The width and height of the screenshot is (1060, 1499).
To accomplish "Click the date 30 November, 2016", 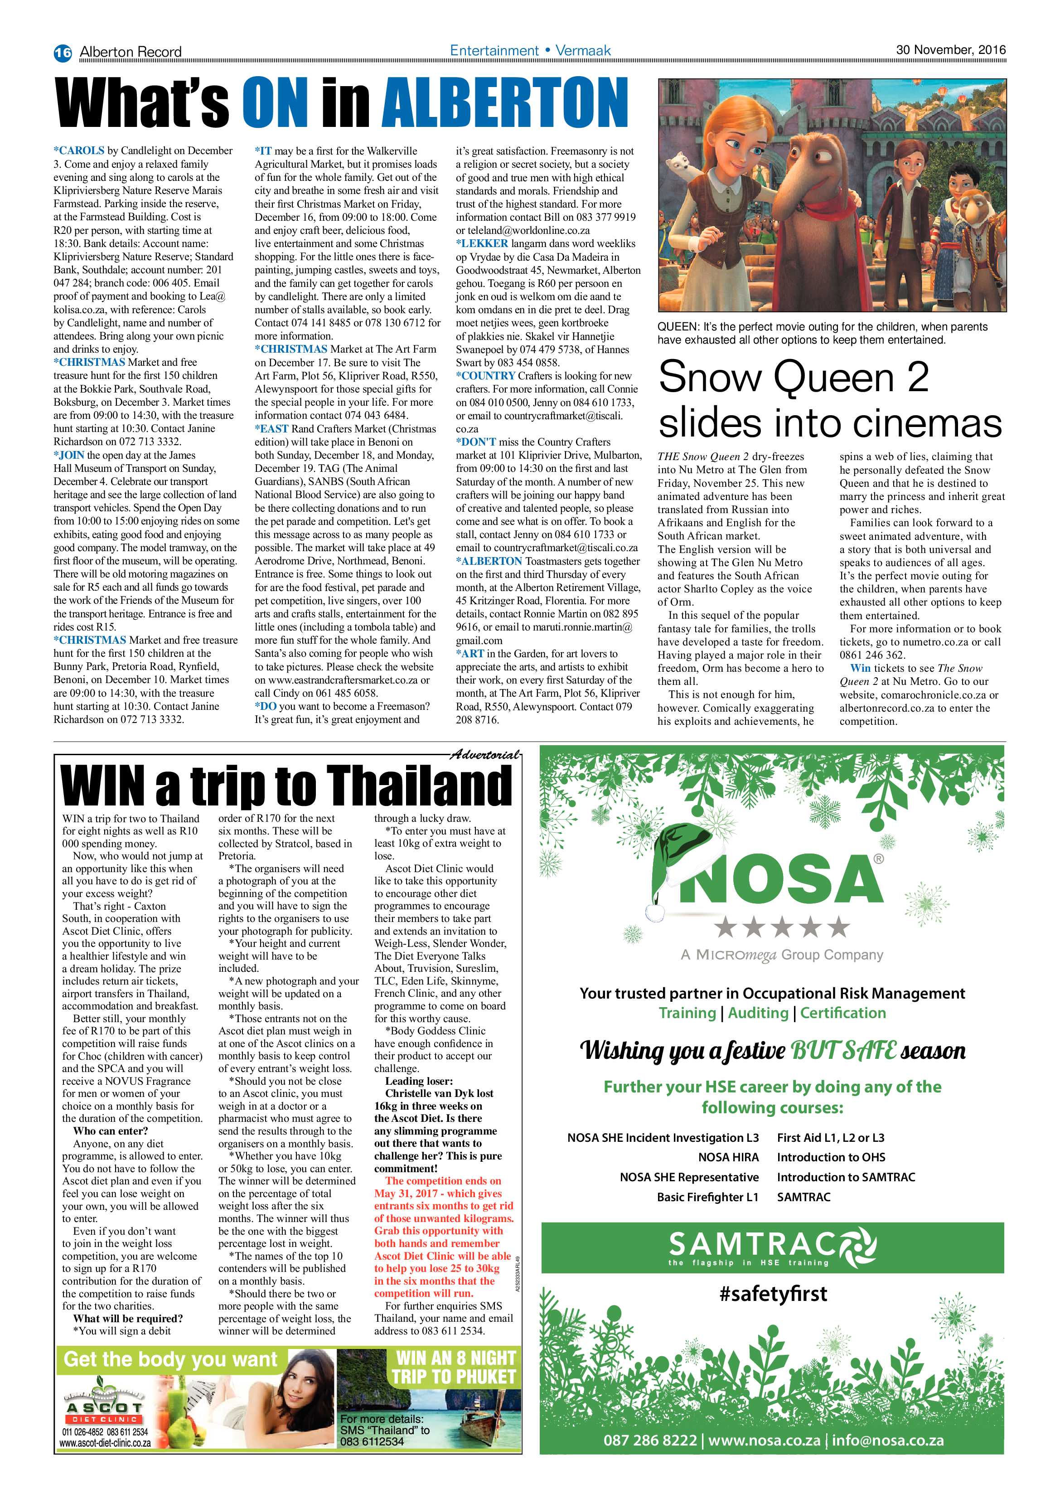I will tap(950, 49).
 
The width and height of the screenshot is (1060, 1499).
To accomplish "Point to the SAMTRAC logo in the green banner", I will tap(773, 1247).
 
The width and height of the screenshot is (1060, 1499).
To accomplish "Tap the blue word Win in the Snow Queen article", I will tap(860, 668).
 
